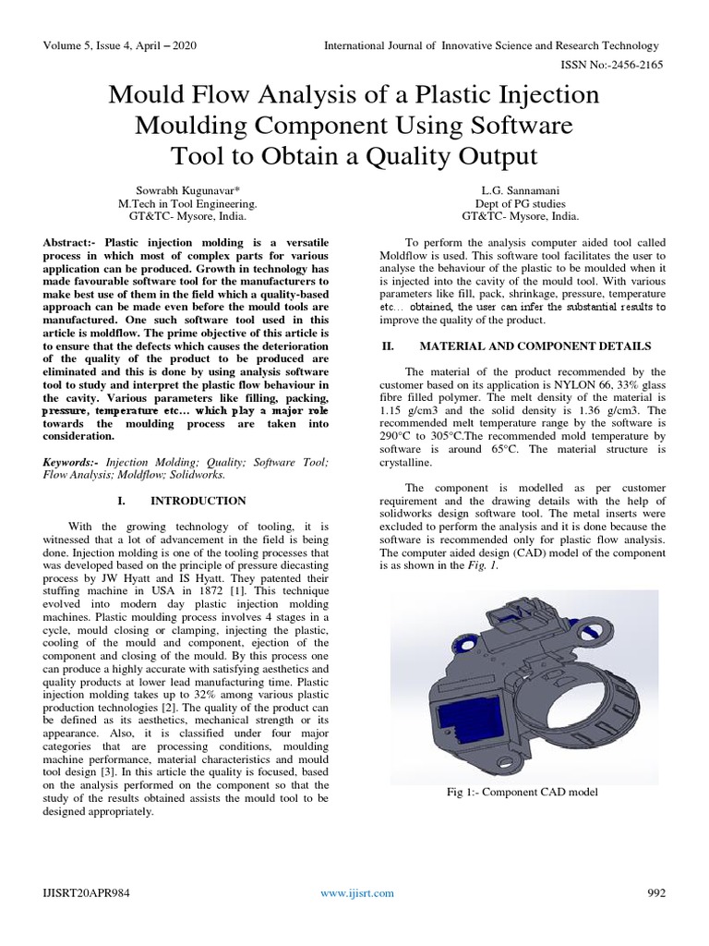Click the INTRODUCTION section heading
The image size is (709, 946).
tap(198, 501)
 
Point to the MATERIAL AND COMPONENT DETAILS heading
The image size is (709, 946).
tap(535, 346)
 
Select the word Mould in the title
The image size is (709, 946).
tap(145, 96)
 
